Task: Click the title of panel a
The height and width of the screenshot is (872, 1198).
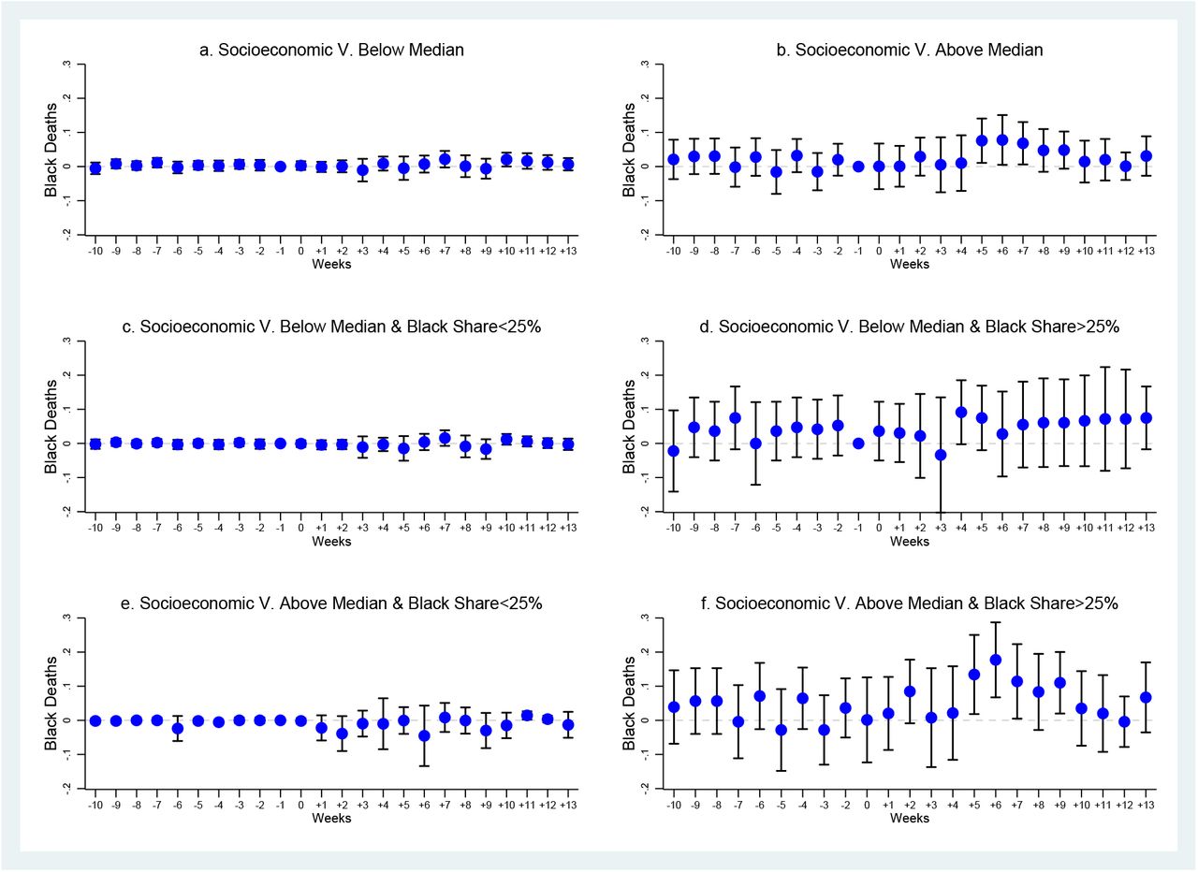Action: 331,50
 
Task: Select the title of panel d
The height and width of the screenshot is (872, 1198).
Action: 909,327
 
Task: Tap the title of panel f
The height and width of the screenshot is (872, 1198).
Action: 909,603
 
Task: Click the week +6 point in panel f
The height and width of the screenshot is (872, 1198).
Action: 995,660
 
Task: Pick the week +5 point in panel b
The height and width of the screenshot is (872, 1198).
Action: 982,140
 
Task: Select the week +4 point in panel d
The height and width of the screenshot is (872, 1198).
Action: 961,413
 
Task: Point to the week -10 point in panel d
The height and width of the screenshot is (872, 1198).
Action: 673,451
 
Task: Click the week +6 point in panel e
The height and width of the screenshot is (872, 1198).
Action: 424,735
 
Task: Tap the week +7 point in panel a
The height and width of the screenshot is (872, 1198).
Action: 445,159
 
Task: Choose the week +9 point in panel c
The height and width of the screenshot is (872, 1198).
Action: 486,449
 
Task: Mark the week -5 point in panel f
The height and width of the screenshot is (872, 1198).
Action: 782,730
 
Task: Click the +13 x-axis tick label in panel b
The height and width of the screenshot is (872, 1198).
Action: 1146,251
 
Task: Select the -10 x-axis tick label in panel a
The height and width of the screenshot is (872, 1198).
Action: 95,251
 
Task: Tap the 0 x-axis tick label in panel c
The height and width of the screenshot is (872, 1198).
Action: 301,528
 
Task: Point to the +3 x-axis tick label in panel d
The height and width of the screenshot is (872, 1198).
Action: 941,528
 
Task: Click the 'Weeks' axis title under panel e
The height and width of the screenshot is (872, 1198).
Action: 331,818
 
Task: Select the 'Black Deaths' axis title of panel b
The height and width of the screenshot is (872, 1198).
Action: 629,150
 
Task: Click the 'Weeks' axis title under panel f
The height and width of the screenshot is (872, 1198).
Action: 909,818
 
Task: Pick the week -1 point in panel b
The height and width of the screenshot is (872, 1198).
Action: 858,167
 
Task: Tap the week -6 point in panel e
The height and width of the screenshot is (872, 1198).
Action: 178,728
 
